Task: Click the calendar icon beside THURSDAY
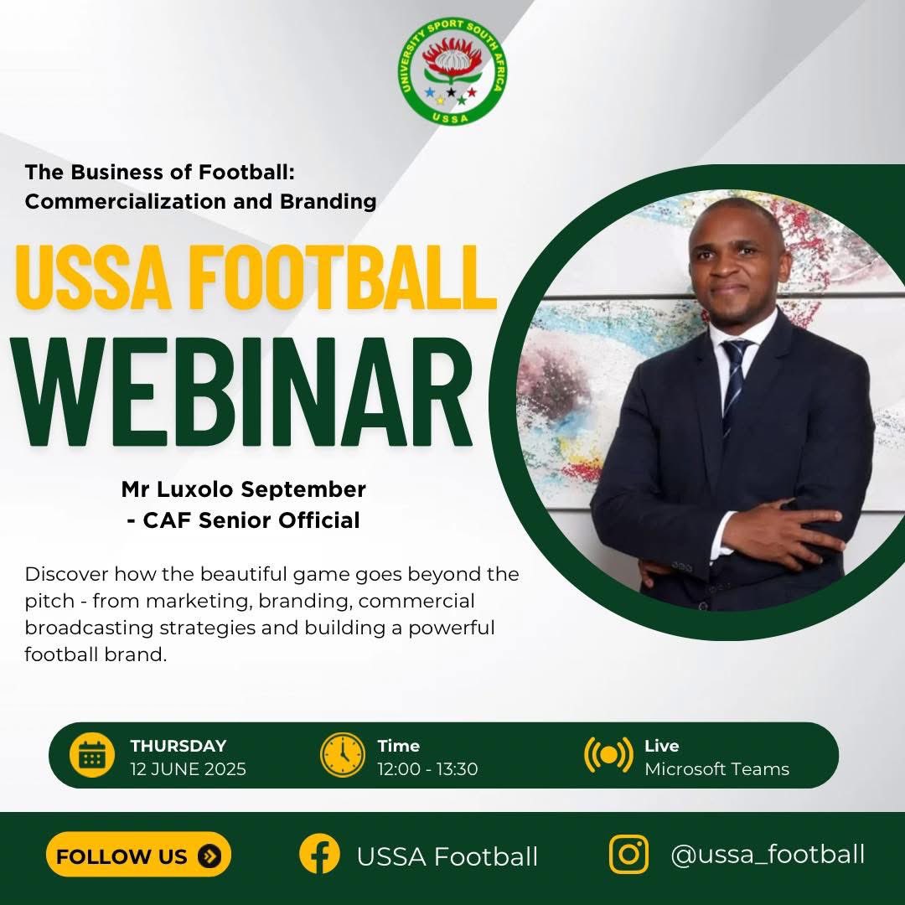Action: [91, 756]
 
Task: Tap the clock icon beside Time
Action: [343, 755]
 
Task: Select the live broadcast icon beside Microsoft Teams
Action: [608, 755]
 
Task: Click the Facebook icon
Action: [319, 855]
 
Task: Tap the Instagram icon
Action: [629, 855]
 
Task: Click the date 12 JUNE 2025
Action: [188, 769]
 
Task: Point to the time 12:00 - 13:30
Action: [427, 769]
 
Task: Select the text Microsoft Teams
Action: [716, 769]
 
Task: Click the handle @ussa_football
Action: [768, 855]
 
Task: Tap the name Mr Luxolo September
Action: [244, 488]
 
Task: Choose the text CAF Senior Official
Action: [250, 520]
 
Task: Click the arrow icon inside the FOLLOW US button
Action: [209, 856]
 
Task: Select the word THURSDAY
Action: [178, 746]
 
